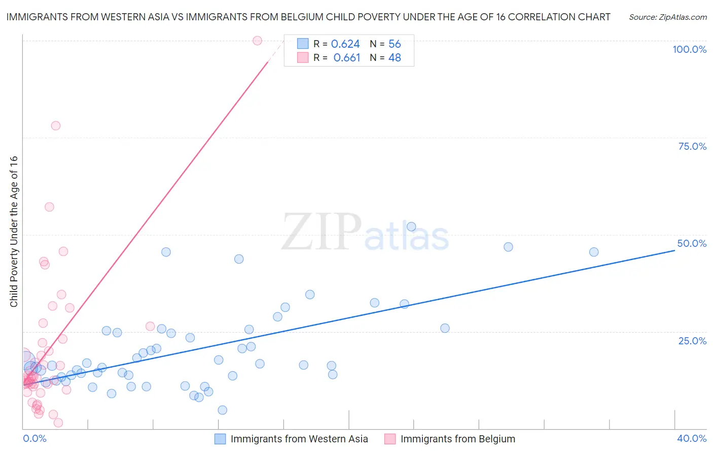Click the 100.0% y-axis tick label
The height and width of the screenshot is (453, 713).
(x=689, y=49)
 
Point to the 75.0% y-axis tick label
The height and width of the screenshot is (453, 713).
(x=692, y=146)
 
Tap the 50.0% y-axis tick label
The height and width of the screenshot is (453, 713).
(x=692, y=243)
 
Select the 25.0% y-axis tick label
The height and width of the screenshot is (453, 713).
(x=692, y=341)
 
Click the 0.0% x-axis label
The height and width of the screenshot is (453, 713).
(x=34, y=438)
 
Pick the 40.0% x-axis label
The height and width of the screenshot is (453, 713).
(x=692, y=438)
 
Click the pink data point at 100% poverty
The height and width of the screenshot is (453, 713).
(x=257, y=41)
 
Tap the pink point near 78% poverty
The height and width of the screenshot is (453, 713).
(x=56, y=125)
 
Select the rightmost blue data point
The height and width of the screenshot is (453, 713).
(x=594, y=252)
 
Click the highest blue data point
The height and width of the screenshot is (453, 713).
(x=411, y=226)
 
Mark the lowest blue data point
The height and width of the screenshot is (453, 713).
(x=222, y=410)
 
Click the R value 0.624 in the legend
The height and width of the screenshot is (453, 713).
(x=345, y=44)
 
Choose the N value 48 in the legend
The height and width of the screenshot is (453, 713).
(x=395, y=58)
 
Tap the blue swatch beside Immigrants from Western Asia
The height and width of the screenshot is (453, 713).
(x=220, y=439)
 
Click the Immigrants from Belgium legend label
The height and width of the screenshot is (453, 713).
(x=457, y=439)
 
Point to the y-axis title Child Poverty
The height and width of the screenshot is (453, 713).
(x=14, y=231)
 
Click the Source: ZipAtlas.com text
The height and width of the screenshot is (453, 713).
(x=667, y=17)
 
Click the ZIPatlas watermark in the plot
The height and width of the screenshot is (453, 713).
(x=365, y=232)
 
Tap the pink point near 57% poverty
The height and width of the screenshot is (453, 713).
(x=49, y=207)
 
